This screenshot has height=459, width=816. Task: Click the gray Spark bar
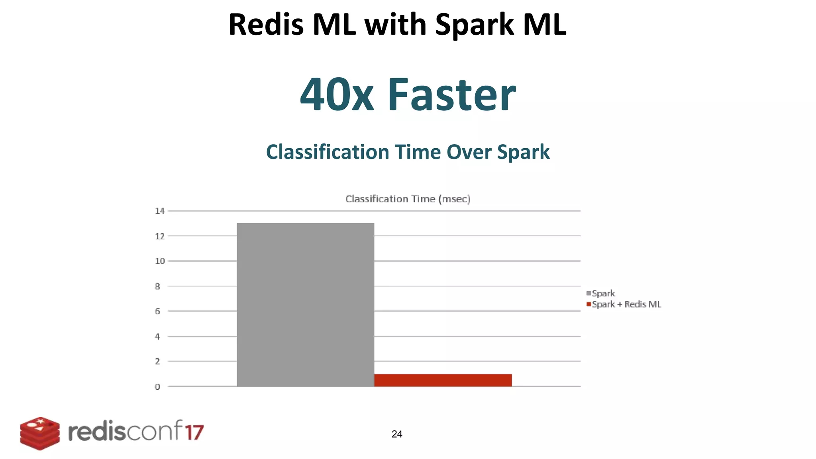[305, 304]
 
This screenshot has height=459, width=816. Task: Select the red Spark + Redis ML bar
[443, 380]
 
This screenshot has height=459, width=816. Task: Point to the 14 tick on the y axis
[160, 211]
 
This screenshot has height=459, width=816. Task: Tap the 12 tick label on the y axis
[160, 236]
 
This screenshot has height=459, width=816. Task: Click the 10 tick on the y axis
[160, 261]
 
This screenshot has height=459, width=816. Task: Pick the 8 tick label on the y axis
[158, 286]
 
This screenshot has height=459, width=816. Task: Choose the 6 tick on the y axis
[158, 311]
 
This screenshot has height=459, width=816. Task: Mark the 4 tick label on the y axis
[158, 336]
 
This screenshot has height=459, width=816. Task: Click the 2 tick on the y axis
[158, 361]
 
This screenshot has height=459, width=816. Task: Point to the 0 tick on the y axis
[158, 386]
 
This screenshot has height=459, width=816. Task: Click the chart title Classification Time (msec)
[408, 199]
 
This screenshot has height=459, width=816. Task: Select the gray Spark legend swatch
[588, 293]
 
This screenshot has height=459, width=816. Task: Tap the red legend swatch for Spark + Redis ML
[588, 304]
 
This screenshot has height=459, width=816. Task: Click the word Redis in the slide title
[266, 25]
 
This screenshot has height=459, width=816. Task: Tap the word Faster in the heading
[451, 95]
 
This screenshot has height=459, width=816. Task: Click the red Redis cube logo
[40, 433]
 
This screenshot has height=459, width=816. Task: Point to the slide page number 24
[397, 434]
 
